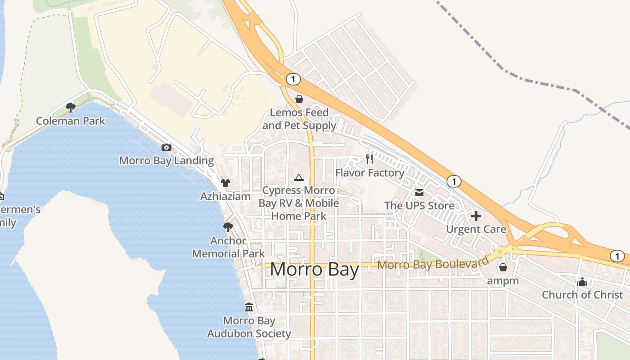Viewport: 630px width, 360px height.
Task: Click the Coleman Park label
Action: pos(71,121)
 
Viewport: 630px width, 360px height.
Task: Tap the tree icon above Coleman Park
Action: pos(70,107)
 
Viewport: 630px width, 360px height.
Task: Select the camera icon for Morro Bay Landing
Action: pos(166,147)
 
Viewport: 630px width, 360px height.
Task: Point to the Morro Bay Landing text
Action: pos(166,161)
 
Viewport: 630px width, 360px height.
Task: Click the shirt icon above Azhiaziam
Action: pos(225,183)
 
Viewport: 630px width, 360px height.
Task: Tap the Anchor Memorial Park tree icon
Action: pos(228,227)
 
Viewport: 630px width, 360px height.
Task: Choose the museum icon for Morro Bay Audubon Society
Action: pos(249,307)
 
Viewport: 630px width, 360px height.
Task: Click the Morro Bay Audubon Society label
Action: pos(249,327)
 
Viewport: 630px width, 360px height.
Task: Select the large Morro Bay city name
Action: pos(315,270)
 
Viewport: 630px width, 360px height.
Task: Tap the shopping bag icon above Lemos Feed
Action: pos(299,99)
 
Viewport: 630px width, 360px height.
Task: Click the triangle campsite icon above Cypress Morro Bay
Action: pos(299,177)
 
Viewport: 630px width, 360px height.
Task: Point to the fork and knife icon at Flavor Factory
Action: pos(369,159)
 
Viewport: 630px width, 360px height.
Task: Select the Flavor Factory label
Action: pos(369,173)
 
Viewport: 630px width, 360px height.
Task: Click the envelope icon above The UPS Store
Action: pos(419,193)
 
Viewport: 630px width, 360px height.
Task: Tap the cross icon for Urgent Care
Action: pos(476,216)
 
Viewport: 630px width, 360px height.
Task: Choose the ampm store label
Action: pos(503,281)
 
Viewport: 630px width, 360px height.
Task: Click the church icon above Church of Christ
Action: pos(582,282)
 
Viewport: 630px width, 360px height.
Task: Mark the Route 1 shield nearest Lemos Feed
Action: pos(293,80)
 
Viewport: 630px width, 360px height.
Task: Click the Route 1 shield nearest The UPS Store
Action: pos(454,181)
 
